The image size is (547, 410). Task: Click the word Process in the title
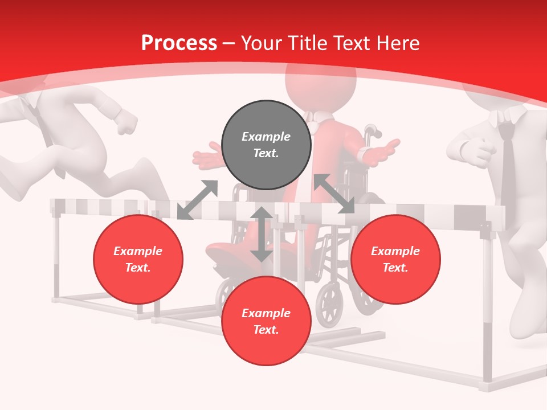[179, 43]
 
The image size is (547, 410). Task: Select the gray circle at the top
[266, 145]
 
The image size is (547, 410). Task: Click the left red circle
[138, 260]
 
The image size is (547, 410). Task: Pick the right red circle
[395, 260]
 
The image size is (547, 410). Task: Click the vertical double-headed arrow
[262, 235]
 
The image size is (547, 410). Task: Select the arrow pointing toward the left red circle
[197, 200]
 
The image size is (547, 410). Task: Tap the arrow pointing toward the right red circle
[334, 194]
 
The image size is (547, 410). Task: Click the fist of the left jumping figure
[126, 121]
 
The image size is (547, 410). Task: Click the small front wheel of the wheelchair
[329, 305]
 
